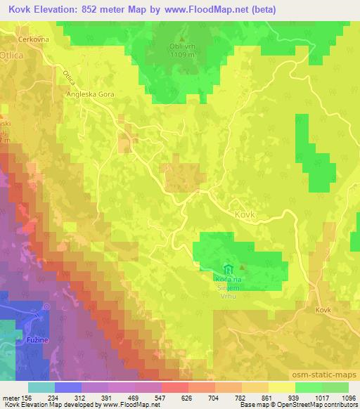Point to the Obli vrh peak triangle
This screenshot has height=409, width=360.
181,38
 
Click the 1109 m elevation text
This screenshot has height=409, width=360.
181,55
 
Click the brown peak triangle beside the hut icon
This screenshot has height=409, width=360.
243,268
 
